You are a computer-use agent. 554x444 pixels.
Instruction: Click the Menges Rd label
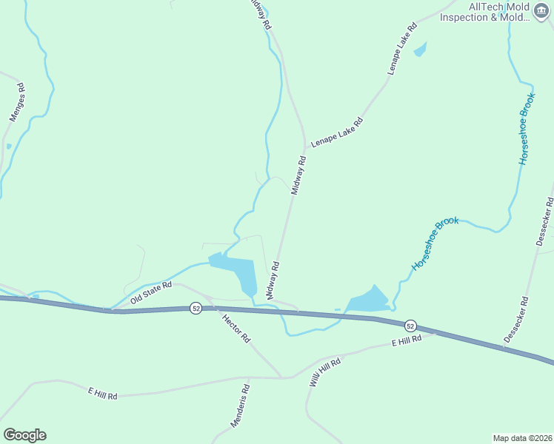(17, 102)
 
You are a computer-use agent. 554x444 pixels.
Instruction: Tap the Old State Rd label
(150, 292)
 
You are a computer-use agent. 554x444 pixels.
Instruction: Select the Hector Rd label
(237, 328)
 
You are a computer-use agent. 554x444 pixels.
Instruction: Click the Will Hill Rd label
(324, 374)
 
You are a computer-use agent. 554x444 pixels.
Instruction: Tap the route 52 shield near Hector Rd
(195, 308)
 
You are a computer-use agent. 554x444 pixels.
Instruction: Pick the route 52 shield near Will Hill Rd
(410, 326)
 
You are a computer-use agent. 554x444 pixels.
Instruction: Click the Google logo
(24, 435)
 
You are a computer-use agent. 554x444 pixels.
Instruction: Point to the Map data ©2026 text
(522, 437)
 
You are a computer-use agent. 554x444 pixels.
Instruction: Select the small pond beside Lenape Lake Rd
(420, 50)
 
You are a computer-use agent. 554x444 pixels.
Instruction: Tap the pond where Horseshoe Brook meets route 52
(367, 300)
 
